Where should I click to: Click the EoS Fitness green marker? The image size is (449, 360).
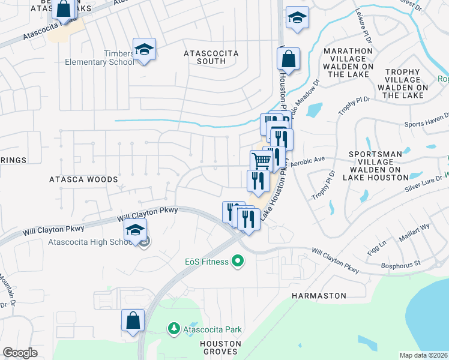pyautogui.click(x=238, y=262)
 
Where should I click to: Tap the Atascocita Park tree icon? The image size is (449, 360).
pyautogui.click(x=173, y=329)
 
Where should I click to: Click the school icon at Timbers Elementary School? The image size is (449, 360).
pyautogui.click(x=144, y=50)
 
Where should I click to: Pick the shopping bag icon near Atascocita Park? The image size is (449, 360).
pyautogui.click(x=133, y=321)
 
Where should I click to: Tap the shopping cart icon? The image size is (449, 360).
pyautogui.click(x=261, y=161)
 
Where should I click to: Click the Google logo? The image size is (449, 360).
pyautogui.click(x=20, y=353)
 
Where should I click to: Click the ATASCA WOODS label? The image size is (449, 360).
pyautogui.click(x=76, y=179)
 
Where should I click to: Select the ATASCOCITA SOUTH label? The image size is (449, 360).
pyautogui.click(x=211, y=58)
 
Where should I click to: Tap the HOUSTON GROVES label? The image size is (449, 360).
pyautogui.click(x=221, y=347)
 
